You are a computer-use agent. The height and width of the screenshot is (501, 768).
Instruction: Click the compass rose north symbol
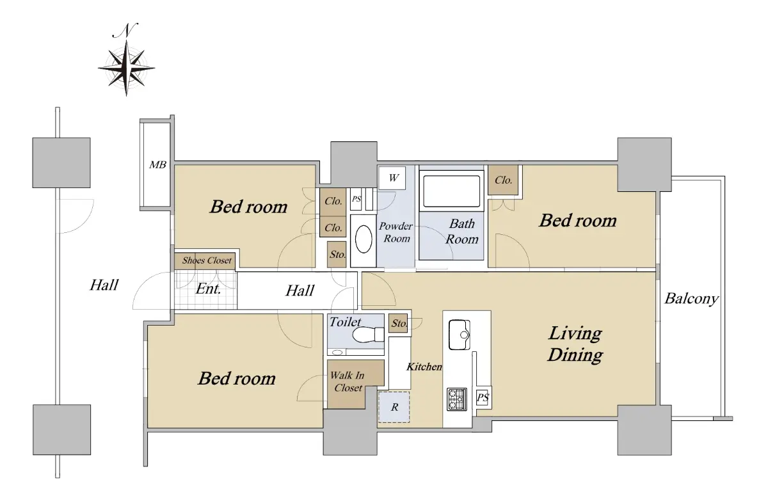point(126,60)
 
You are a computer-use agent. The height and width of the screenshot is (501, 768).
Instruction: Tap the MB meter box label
point(157,165)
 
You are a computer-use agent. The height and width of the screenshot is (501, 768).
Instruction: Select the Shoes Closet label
point(207,260)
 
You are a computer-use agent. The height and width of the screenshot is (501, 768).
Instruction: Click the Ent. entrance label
point(208,289)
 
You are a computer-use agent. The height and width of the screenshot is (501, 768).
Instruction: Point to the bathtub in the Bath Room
point(452,191)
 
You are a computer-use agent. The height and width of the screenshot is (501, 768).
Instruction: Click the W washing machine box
point(392,178)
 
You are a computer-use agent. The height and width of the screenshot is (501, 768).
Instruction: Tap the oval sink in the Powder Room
point(364,239)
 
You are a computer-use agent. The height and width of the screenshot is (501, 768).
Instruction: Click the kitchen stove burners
point(457,399)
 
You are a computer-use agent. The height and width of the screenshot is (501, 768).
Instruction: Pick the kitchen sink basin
point(460,335)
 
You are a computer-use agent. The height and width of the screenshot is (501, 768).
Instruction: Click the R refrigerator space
point(394,407)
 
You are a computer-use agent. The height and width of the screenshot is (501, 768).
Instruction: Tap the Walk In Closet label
point(347,382)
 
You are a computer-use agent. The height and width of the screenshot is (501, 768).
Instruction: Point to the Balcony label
point(691,299)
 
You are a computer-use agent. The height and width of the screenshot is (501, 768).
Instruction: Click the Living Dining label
point(575,344)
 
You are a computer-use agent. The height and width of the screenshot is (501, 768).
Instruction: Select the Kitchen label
point(424,367)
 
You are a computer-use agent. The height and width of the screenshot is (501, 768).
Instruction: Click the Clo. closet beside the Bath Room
point(503,180)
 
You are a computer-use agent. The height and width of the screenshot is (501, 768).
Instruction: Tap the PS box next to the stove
point(483,398)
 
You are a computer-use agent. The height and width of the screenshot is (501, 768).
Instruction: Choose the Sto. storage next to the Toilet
point(398,323)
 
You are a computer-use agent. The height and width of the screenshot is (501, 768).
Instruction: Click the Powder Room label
point(396,232)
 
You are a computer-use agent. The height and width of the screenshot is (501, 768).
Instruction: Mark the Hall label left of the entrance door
point(104,285)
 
